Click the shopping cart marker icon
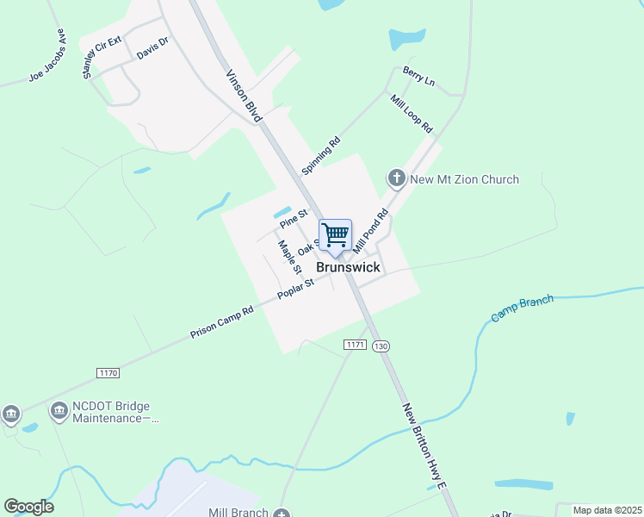click(x=335, y=234)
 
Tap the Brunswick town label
click(x=348, y=267)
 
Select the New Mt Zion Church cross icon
click(x=396, y=179)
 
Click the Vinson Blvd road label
click(x=244, y=94)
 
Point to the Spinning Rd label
click(x=321, y=155)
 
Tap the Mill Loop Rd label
click(x=412, y=113)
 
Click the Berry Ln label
click(x=418, y=78)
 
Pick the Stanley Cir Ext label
click(x=102, y=58)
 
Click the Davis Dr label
click(x=152, y=49)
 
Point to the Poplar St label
click(x=295, y=290)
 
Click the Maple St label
click(x=286, y=257)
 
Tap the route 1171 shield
click(x=356, y=345)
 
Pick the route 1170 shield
click(x=108, y=372)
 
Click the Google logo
click(x=28, y=507)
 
